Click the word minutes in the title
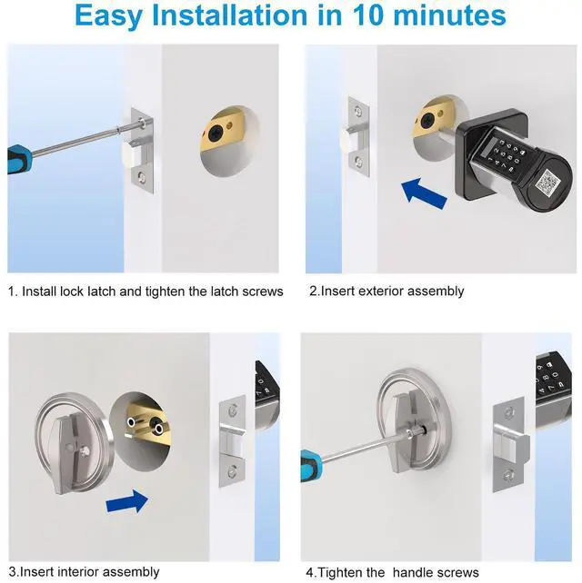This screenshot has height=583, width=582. (x=449, y=15)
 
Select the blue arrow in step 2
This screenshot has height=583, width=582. (x=424, y=193)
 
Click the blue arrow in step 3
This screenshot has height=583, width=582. (x=127, y=501)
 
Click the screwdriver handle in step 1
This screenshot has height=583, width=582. (x=19, y=158)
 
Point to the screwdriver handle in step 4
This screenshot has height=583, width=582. (x=311, y=465)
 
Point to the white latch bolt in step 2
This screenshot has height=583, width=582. (x=347, y=141)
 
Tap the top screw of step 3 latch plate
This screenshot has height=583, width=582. (x=233, y=410)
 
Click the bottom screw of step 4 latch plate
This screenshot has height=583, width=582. (x=509, y=475)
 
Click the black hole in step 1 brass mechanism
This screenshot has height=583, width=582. (x=215, y=133)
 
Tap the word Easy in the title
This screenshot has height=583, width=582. (x=109, y=16)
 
